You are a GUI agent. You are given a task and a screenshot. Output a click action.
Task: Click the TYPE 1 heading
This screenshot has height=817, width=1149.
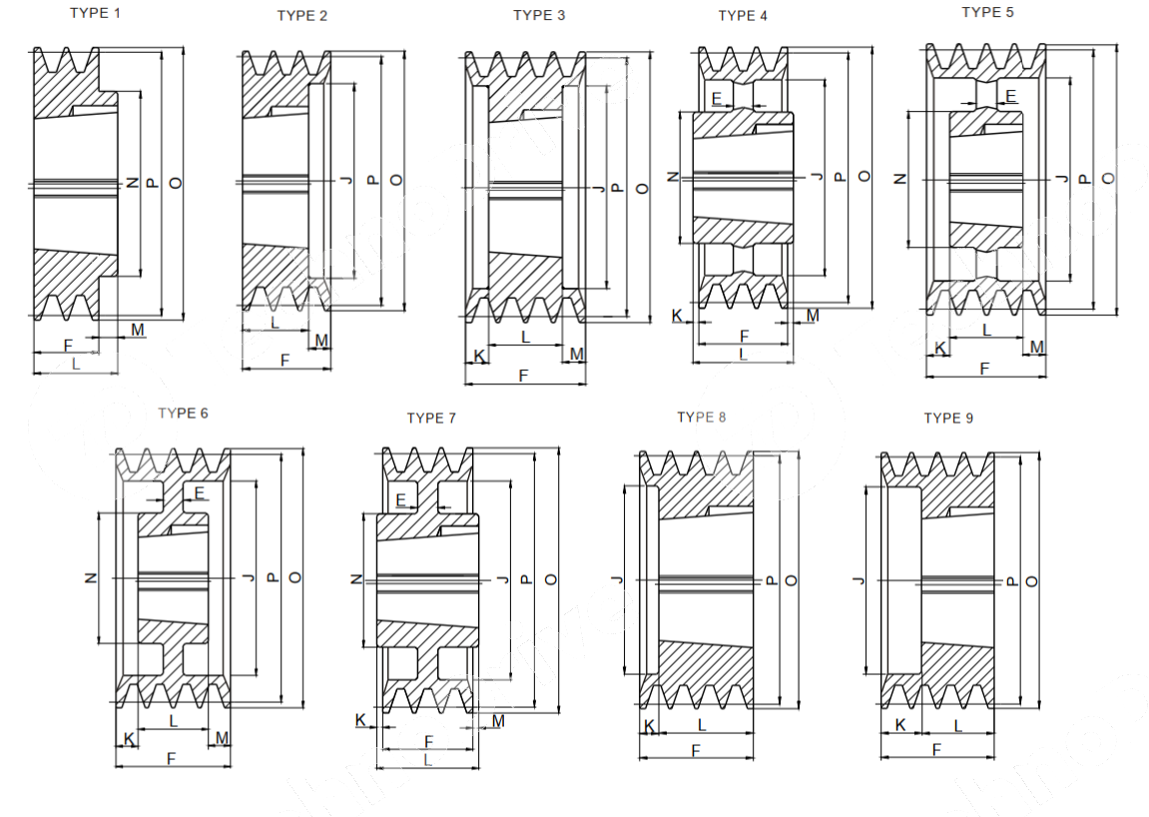pyautogui.click(x=96, y=13)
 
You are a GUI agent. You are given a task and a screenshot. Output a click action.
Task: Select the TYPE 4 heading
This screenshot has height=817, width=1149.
pyautogui.click(x=743, y=15)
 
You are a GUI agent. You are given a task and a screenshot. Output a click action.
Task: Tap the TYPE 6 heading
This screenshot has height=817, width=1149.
pyautogui.click(x=183, y=412)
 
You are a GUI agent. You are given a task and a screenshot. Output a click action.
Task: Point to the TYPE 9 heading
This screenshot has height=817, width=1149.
pyautogui.click(x=947, y=417)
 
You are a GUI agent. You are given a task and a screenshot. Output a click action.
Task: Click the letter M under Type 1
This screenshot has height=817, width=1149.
pyautogui.click(x=137, y=329)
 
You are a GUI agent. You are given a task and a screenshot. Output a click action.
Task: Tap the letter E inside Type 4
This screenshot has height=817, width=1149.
pyautogui.click(x=717, y=98)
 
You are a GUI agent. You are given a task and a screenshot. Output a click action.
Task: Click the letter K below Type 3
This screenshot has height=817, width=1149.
pyautogui.click(x=479, y=356)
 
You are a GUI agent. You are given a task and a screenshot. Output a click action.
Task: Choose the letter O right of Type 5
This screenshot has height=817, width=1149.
pyautogui.click(x=1108, y=178)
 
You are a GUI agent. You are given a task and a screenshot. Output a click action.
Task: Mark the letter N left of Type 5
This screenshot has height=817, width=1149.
pyautogui.click(x=899, y=179)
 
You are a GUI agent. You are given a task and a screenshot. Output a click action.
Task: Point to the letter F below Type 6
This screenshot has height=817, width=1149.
pyautogui.click(x=171, y=759)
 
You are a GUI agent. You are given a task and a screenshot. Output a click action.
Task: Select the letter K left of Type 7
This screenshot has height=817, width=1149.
pyautogui.click(x=360, y=719)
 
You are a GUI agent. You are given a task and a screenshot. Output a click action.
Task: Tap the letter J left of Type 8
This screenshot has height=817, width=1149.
pyautogui.click(x=616, y=580)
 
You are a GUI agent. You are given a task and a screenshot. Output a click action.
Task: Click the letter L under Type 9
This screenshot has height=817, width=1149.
pyautogui.click(x=958, y=725)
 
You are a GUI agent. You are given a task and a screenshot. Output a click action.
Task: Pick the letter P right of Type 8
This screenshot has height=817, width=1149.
pyautogui.click(x=770, y=580)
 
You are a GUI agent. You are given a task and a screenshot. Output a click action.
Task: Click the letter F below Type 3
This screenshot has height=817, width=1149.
pyautogui.click(x=524, y=376)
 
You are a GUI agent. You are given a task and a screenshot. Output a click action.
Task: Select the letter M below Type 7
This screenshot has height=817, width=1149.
pyautogui.click(x=498, y=719)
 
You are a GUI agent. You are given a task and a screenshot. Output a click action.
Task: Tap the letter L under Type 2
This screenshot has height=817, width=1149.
pyautogui.click(x=275, y=323)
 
